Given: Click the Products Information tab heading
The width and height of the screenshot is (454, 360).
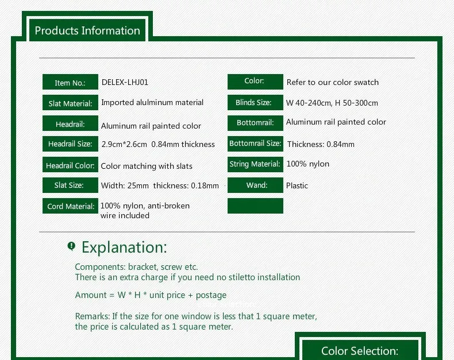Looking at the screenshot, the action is (87, 30).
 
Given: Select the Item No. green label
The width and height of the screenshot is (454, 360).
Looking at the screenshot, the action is (70, 82).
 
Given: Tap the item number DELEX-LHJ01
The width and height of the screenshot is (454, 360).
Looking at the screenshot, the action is (125, 82).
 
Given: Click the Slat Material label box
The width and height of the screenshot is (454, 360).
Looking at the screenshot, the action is (70, 102).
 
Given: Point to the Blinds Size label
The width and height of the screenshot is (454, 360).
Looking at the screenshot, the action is (255, 102).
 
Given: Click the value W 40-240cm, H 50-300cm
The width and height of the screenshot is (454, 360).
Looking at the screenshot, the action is (332, 103).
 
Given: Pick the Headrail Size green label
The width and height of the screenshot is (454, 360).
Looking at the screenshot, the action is (70, 144).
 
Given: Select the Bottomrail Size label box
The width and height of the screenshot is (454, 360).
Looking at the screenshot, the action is (255, 144).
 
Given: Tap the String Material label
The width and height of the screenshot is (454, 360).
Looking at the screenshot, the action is (255, 164).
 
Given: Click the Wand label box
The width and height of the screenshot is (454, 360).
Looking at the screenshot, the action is (255, 185).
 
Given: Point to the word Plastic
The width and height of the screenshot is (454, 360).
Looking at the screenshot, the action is (297, 185).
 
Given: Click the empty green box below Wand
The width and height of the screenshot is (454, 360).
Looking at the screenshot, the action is (255, 206).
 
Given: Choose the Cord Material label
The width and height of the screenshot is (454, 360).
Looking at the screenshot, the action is (70, 206).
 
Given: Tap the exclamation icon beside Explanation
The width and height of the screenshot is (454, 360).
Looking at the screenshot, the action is (71, 246).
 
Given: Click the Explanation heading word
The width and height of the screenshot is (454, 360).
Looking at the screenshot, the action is (125, 247).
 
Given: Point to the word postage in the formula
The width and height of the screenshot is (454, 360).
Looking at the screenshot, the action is (211, 296).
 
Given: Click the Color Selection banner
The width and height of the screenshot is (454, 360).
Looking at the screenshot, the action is (360, 350).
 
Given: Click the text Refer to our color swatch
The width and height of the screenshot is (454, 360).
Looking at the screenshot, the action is (333, 82).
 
